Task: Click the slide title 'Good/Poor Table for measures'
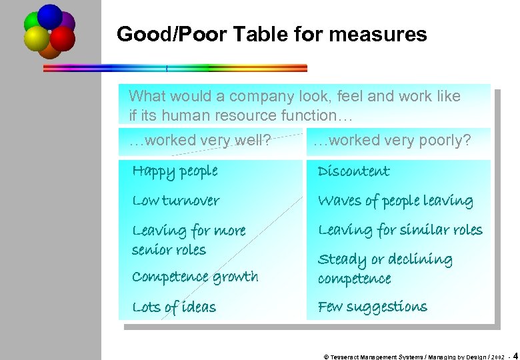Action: pyautogui.click(x=271, y=34)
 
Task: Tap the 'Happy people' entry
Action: pyautogui.click(x=175, y=171)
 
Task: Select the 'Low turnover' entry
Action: pyautogui.click(x=176, y=201)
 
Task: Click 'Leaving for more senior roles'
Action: pyautogui.click(x=189, y=240)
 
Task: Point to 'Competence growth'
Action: pyautogui.click(x=195, y=277)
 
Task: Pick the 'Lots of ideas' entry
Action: pyautogui.click(x=174, y=307)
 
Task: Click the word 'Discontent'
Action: pyautogui.click(x=353, y=171)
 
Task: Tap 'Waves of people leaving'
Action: pyautogui.click(x=395, y=201)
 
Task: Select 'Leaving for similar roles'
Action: pyautogui.click(x=400, y=230)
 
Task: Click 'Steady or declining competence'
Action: pyautogui.click(x=385, y=269)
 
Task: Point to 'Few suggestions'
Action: pyautogui.click(x=372, y=307)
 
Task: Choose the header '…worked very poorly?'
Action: pyautogui.click(x=392, y=141)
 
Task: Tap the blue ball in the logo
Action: pyautogui.click(x=49, y=15)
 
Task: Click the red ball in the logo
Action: pyautogui.click(x=63, y=39)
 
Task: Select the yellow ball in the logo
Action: pyautogui.click(x=37, y=39)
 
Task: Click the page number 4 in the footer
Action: pyautogui.click(x=516, y=356)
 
